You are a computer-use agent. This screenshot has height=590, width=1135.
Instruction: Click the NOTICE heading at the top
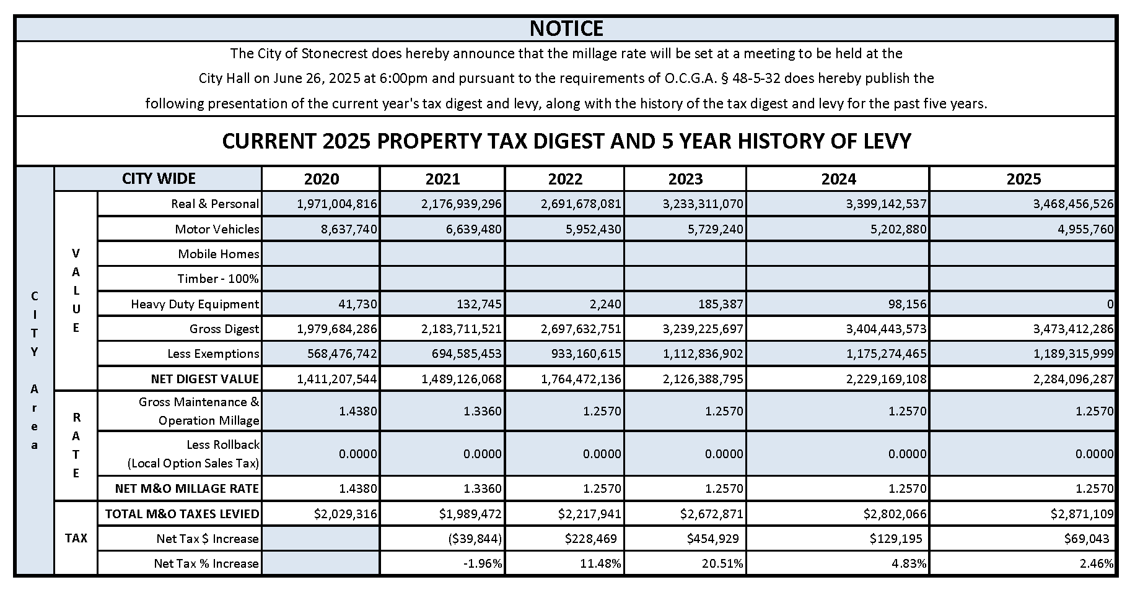566,28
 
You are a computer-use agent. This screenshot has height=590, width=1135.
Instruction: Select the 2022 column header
565,179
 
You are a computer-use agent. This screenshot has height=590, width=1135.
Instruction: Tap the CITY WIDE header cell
159,178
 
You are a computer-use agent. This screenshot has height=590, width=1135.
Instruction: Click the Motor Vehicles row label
217,229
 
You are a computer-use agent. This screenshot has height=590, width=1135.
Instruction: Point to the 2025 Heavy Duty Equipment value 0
1110,304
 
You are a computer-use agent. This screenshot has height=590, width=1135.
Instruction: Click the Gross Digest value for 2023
703,329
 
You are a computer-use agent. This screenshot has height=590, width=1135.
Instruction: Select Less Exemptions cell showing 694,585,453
461,354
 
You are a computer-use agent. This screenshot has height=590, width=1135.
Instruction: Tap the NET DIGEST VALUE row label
204,378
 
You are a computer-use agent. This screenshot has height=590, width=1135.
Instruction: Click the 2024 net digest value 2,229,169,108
886,378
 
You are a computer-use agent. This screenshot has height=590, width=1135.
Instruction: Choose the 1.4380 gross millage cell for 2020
357,411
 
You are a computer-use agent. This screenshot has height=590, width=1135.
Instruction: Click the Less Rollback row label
222,445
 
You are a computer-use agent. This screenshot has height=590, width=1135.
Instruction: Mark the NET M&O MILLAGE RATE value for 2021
483,488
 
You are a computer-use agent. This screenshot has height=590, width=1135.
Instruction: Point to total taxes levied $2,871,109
1082,514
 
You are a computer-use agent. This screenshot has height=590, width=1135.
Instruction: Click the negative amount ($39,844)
475,539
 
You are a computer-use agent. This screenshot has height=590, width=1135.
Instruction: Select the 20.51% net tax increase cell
724,563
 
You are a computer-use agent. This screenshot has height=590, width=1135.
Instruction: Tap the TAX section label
76,538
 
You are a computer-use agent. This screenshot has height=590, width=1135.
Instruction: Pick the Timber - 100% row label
217,279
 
